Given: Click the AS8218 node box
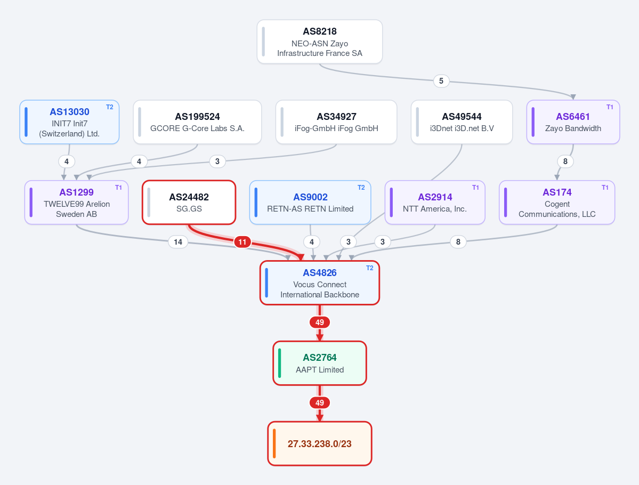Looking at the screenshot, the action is [x=320, y=42].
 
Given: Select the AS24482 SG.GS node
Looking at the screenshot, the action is [x=189, y=203].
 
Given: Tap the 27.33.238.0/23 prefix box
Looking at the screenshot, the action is [x=320, y=443].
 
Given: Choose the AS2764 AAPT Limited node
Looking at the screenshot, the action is [x=320, y=363].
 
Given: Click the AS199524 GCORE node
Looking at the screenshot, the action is [x=197, y=122].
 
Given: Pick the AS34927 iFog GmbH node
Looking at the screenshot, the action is [x=336, y=122].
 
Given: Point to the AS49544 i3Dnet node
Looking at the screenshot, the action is [x=462, y=122].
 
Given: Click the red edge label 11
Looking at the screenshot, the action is [x=242, y=242].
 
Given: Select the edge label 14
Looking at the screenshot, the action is [x=178, y=242].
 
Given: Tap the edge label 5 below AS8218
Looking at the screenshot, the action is [x=441, y=81].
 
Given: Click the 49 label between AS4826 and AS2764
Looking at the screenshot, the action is [x=320, y=322].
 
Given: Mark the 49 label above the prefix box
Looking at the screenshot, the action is [x=320, y=403].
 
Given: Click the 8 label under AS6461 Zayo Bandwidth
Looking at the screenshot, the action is [x=565, y=161].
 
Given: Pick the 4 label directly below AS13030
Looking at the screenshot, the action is [x=67, y=161].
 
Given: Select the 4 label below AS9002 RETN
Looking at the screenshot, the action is [x=312, y=242].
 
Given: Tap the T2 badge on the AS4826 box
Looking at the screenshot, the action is [x=370, y=268].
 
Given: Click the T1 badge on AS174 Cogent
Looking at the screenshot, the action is [x=605, y=188].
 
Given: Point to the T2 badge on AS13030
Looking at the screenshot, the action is [x=110, y=107].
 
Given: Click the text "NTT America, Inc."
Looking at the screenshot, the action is [x=435, y=209].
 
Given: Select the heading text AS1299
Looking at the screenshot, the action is [x=76, y=192].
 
